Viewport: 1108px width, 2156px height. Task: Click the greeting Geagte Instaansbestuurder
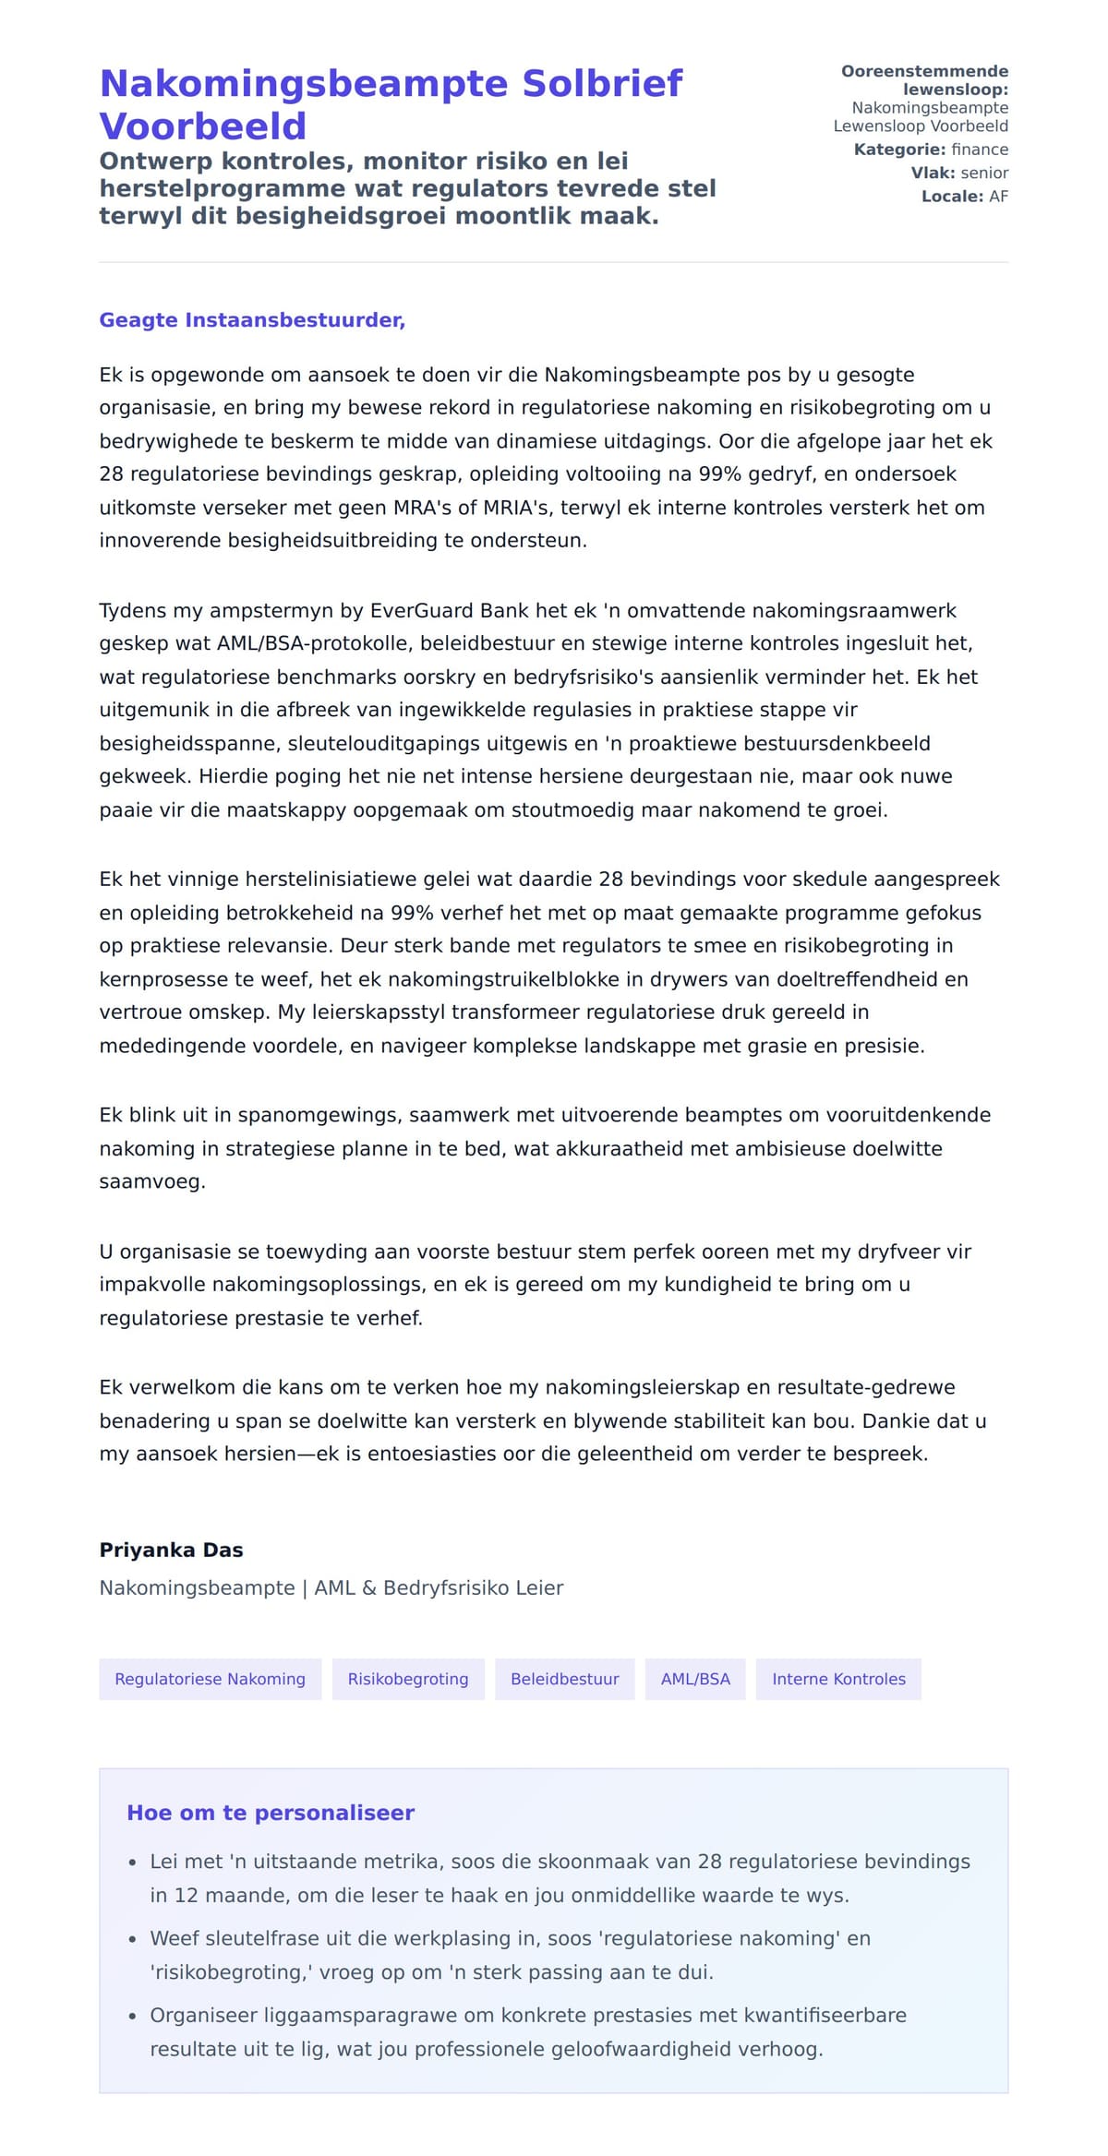(x=252, y=320)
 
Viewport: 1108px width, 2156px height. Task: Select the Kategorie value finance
(x=980, y=150)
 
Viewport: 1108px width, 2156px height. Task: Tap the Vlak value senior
(x=984, y=173)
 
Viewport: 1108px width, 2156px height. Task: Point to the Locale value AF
(x=998, y=197)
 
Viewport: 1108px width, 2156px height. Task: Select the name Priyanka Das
(x=171, y=1550)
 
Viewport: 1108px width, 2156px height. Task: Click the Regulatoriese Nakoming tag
(x=210, y=1679)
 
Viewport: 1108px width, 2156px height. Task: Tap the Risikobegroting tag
(x=408, y=1679)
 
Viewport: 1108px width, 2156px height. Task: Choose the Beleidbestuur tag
(x=565, y=1679)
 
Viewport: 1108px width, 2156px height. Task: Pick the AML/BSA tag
(x=695, y=1679)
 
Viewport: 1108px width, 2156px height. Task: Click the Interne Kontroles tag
(x=838, y=1679)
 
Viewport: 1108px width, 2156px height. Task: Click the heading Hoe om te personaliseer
(x=271, y=1813)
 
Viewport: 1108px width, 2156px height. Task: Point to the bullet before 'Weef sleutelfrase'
(x=133, y=1939)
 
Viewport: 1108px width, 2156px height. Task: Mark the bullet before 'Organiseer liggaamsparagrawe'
(x=133, y=2016)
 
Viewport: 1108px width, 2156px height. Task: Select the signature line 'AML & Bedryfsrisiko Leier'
(x=439, y=1587)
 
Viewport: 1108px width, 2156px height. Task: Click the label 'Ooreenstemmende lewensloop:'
(x=925, y=80)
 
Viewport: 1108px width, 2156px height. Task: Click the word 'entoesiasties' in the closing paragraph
(x=433, y=1454)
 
